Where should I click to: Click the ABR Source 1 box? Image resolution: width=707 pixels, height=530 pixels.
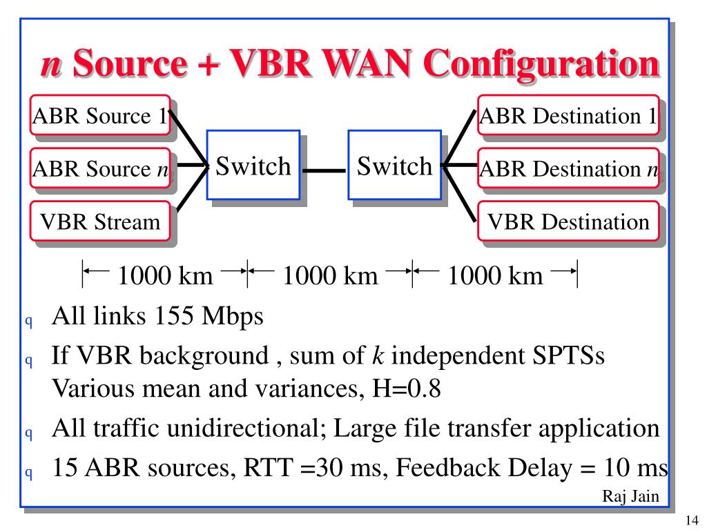click(x=100, y=115)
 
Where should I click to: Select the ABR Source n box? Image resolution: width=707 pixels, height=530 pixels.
click(x=100, y=168)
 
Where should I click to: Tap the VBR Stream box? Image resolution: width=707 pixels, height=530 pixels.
click(x=100, y=221)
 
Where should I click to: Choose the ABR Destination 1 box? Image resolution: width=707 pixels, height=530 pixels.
click(x=568, y=115)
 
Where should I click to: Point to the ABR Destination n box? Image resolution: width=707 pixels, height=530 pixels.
click(x=568, y=168)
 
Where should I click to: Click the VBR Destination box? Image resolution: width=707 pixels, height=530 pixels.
click(x=568, y=222)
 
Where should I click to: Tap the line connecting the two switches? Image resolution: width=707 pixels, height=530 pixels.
click(x=324, y=170)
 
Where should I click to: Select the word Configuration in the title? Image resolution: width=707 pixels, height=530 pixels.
click(x=541, y=64)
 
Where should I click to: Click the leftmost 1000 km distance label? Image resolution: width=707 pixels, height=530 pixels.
click(x=165, y=276)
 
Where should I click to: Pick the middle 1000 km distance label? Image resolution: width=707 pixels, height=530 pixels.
click(x=330, y=276)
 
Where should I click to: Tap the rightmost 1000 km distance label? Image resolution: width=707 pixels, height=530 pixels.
click(x=495, y=276)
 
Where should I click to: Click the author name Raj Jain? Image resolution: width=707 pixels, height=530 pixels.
click(x=630, y=496)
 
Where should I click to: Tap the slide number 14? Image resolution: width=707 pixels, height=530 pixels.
click(x=693, y=520)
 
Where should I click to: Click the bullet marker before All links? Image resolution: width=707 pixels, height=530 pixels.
click(x=29, y=320)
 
